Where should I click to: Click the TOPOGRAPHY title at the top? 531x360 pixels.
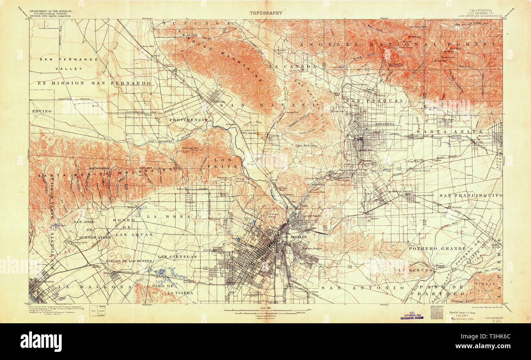tap(266, 13)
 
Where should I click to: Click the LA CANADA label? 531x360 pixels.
tap(293, 66)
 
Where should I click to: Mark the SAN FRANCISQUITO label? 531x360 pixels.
tap(473, 196)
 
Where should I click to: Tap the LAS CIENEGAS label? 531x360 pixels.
tap(177, 257)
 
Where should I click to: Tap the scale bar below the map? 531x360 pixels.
tap(265, 312)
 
